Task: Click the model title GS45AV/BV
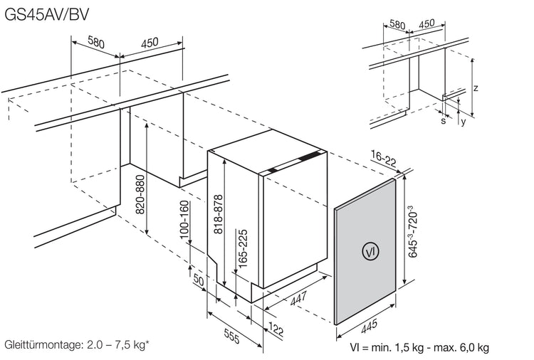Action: (x=47, y=15)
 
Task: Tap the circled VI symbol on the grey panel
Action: (x=370, y=252)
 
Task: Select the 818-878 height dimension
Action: (x=218, y=214)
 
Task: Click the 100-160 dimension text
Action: (x=184, y=220)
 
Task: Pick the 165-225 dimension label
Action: (x=242, y=250)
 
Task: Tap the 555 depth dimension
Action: (x=232, y=336)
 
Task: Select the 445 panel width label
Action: (x=369, y=326)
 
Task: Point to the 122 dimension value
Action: (x=276, y=329)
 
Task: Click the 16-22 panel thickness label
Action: (x=384, y=159)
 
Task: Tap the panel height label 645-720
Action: (x=413, y=231)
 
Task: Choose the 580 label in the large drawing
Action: (x=96, y=41)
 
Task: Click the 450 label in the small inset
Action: (x=426, y=23)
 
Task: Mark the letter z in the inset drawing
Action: (x=476, y=88)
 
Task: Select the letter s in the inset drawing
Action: (x=443, y=120)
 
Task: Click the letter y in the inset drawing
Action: (x=463, y=122)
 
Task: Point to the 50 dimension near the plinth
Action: (x=199, y=280)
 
